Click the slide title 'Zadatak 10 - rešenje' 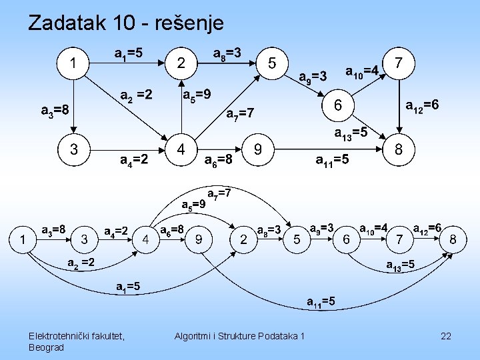pyautogui.click(x=126, y=23)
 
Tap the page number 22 pyautogui.click(x=446, y=336)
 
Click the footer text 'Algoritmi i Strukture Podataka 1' pyautogui.click(x=239, y=336)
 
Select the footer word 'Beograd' pyautogui.click(x=47, y=347)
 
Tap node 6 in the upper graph pyautogui.click(x=338, y=105)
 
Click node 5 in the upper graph pyautogui.click(x=272, y=63)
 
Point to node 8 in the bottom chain pyautogui.click(x=453, y=239)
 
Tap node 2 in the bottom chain pyautogui.click(x=244, y=239)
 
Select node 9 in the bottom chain pyautogui.click(x=199, y=239)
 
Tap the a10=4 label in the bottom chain pyautogui.click(x=374, y=229)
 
